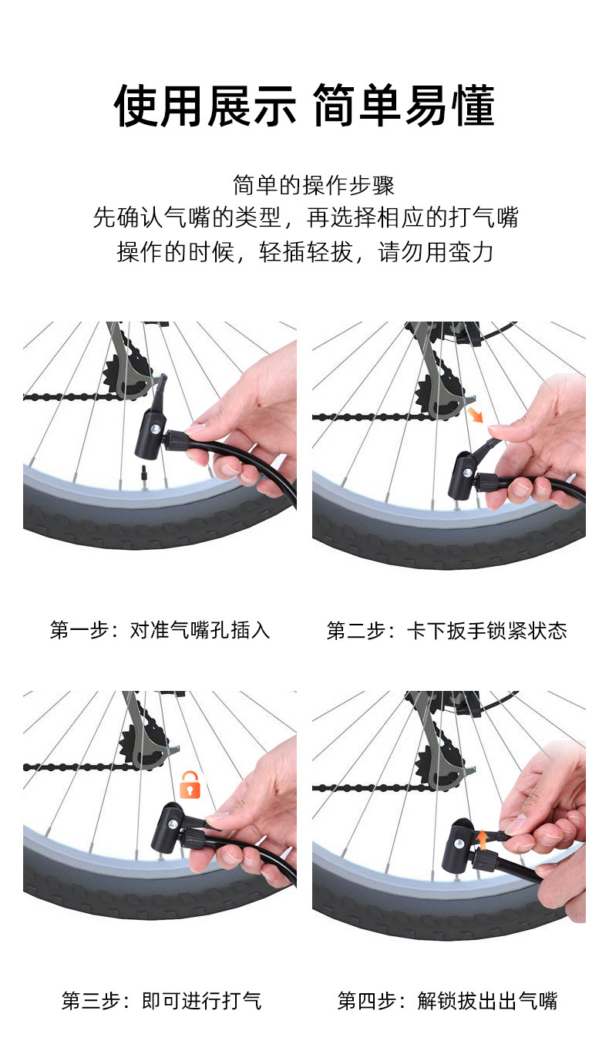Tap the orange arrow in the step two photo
[x=476, y=415]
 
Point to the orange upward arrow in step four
[x=483, y=840]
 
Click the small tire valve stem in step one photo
[x=144, y=473]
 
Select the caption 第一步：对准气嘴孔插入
[x=160, y=631]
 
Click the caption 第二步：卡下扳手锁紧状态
[x=446, y=631]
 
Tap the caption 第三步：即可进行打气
[x=162, y=1001]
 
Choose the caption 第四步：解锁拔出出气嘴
[x=447, y=1001]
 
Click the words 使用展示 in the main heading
[x=205, y=106]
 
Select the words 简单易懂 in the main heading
[x=404, y=106]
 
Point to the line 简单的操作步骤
[x=314, y=185]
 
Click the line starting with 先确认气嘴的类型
[x=305, y=217]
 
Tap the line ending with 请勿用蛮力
[x=304, y=252]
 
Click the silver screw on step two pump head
[x=467, y=473]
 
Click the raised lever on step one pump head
[x=160, y=391]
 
